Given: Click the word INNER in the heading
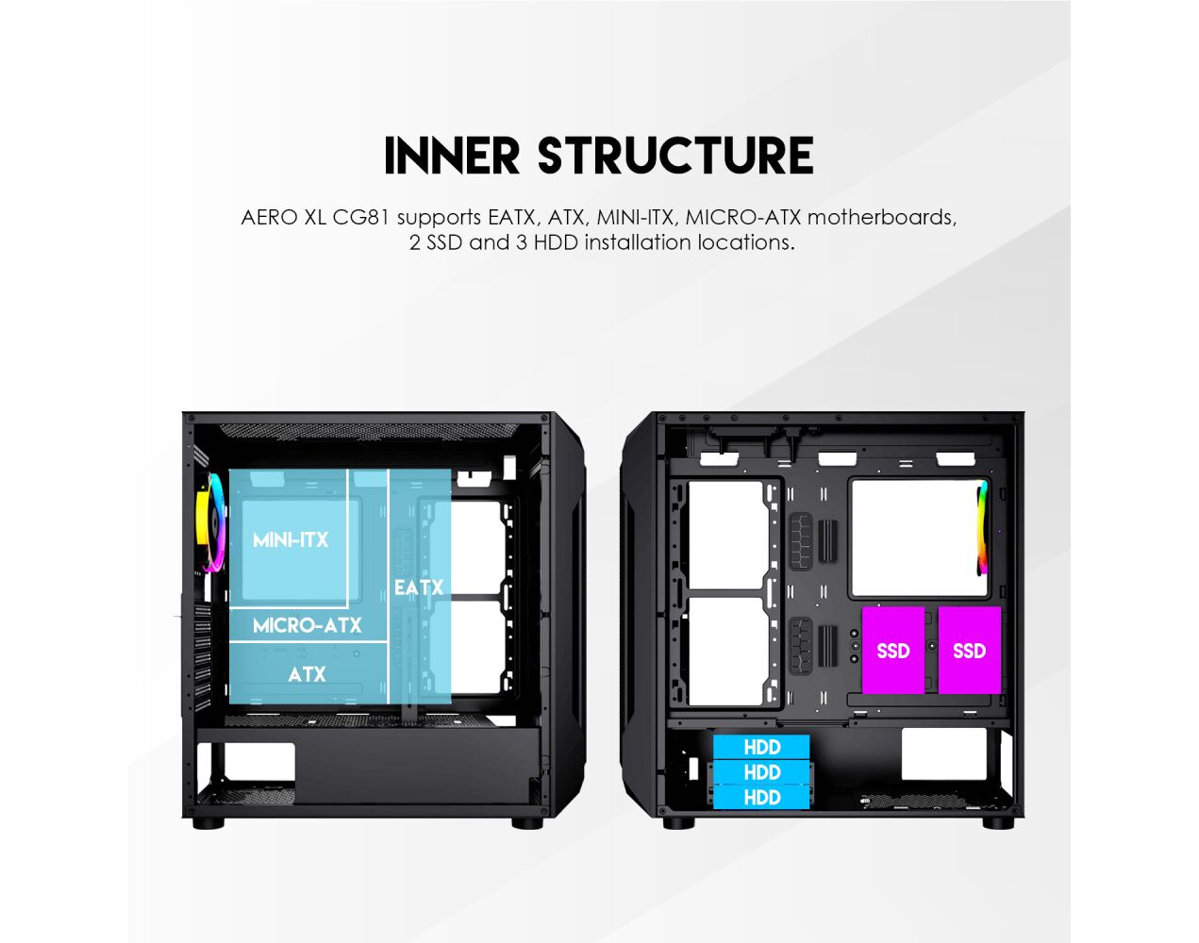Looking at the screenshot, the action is (x=452, y=156).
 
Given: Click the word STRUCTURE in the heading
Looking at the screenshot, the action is (x=675, y=156).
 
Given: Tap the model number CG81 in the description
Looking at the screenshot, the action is (x=360, y=217).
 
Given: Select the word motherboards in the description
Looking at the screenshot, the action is (x=881, y=217).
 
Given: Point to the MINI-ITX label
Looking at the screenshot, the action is (x=291, y=539).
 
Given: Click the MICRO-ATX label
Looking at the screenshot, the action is (x=307, y=625).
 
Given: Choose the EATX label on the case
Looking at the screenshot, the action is (x=419, y=587).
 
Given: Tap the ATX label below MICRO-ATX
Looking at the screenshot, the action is (x=307, y=674).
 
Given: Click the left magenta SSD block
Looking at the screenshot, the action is (x=893, y=650).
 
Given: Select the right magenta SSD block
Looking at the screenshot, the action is (x=970, y=650).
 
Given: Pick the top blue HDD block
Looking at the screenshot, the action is (x=761, y=747).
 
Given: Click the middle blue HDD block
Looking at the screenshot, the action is (x=761, y=772).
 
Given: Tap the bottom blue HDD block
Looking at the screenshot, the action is (x=761, y=798).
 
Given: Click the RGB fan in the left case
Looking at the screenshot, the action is (x=211, y=523).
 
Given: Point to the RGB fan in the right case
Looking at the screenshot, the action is (x=983, y=528).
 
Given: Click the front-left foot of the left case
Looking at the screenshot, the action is (x=208, y=823).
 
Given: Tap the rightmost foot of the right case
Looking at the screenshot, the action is (x=998, y=823).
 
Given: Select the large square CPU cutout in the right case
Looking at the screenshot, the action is (x=920, y=538).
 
